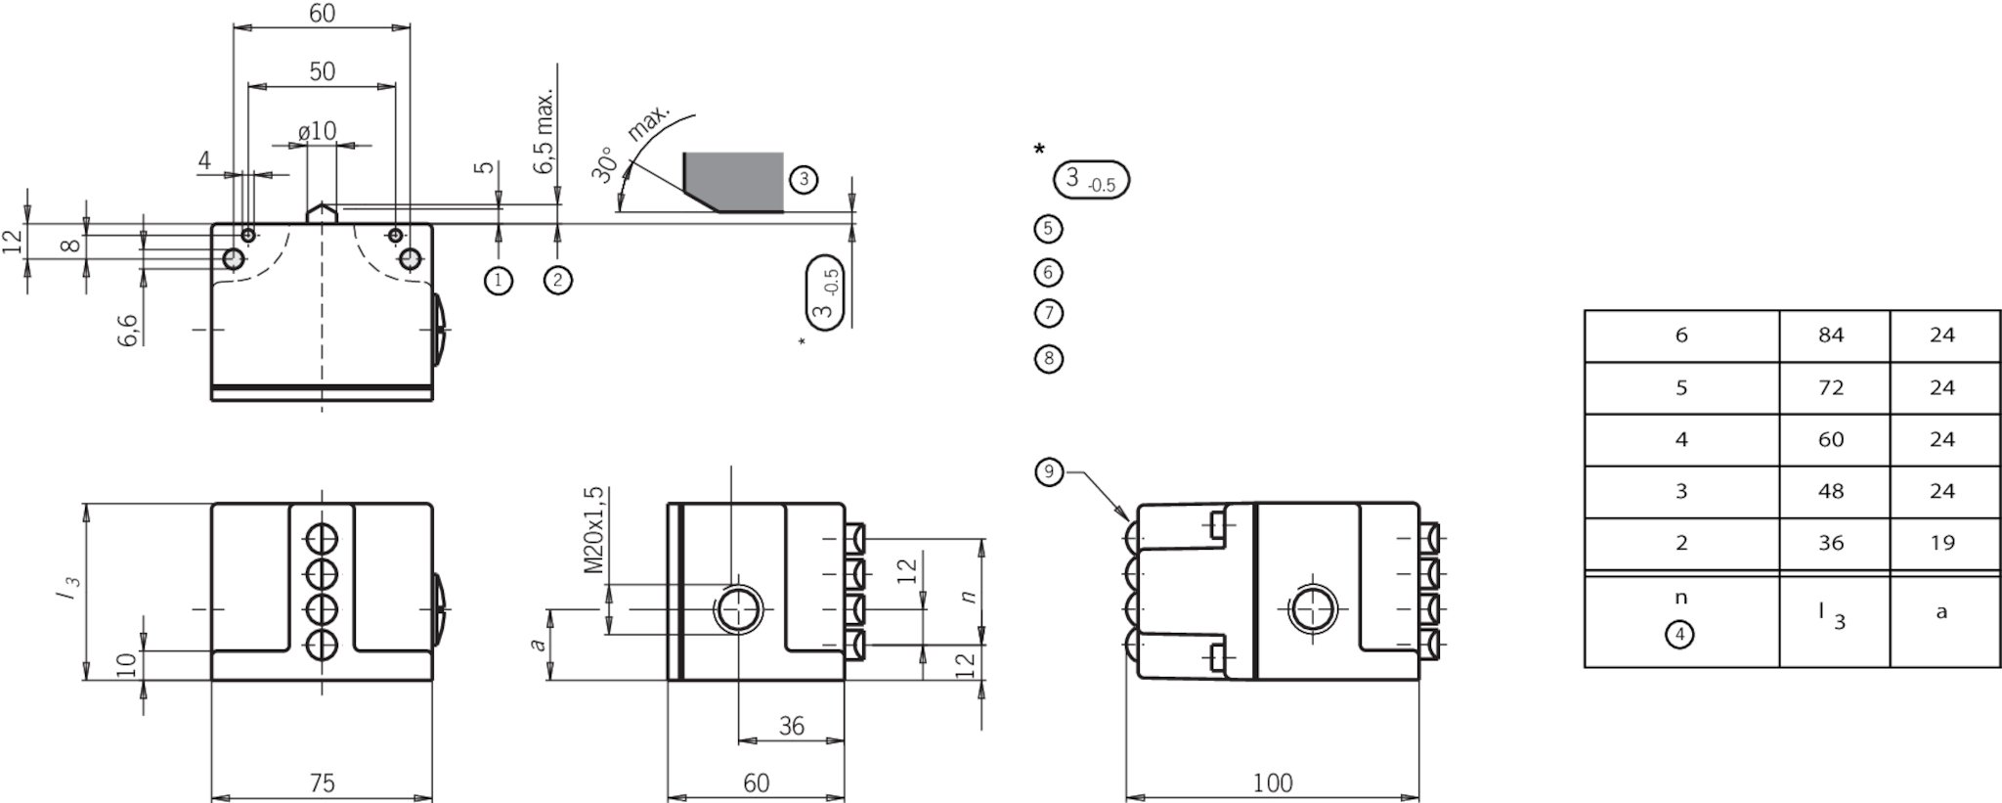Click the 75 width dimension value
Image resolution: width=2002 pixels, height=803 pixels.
click(322, 782)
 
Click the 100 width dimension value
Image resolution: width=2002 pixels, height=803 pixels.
click(1272, 782)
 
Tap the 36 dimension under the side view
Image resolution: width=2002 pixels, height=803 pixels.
click(791, 726)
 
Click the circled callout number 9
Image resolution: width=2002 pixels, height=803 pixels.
click(1048, 472)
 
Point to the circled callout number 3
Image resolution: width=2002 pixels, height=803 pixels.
click(803, 179)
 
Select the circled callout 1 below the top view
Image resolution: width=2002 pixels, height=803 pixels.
click(499, 281)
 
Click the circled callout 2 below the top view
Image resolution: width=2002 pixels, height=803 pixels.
click(557, 281)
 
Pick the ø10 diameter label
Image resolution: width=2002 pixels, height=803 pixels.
click(317, 131)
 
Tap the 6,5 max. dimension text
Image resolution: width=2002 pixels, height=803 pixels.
click(544, 132)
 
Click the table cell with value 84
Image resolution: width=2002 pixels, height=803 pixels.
click(1831, 335)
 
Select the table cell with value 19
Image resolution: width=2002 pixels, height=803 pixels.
click(1941, 543)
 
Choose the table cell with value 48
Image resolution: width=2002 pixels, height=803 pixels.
click(1831, 491)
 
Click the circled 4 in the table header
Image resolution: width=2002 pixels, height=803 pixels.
click(1679, 635)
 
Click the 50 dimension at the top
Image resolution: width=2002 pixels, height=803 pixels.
click(322, 71)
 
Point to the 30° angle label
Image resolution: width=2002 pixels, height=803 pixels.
click(605, 165)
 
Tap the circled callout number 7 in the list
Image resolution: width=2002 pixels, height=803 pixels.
click(1048, 313)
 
